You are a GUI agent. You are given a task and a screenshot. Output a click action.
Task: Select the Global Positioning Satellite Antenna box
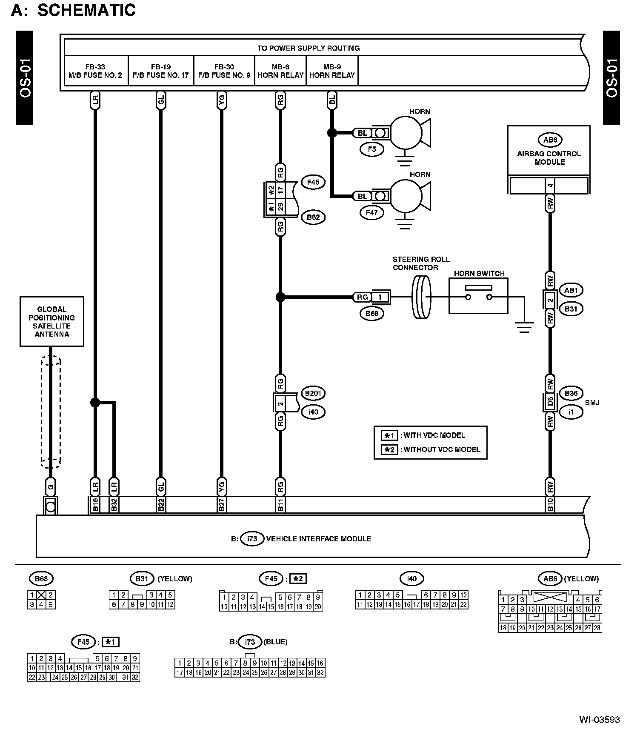click(x=51, y=321)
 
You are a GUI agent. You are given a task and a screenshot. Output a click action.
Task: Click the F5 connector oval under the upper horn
click(x=372, y=149)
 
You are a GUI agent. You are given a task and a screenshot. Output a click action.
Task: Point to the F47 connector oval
click(x=372, y=212)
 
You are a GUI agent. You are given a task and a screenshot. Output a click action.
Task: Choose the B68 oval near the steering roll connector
click(x=372, y=314)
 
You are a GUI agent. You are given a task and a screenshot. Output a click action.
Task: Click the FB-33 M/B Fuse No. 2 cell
click(x=95, y=71)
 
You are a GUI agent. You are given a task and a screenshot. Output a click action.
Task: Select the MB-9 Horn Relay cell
click(x=332, y=71)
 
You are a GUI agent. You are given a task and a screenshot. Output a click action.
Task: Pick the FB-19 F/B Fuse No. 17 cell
click(x=160, y=71)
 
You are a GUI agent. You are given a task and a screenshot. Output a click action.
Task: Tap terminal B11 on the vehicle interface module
click(x=280, y=505)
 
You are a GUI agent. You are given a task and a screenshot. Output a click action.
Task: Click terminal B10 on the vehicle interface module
click(x=550, y=505)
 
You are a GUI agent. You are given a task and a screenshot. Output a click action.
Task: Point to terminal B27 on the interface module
click(x=222, y=505)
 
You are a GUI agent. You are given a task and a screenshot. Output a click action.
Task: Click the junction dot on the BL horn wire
click(x=332, y=133)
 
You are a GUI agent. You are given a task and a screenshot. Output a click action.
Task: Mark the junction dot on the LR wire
click(x=95, y=402)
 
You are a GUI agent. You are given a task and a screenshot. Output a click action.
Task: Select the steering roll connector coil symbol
click(x=421, y=297)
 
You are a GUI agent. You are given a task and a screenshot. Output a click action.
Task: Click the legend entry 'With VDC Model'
click(x=430, y=435)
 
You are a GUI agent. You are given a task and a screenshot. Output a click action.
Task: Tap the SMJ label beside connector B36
click(x=592, y=402)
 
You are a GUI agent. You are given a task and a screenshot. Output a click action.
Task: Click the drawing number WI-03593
click(x=600, y=720)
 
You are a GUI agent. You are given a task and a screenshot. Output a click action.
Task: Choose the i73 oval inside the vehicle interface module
click(x=252, y=538)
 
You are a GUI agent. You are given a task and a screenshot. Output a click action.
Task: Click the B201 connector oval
click(x=313, y=393)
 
